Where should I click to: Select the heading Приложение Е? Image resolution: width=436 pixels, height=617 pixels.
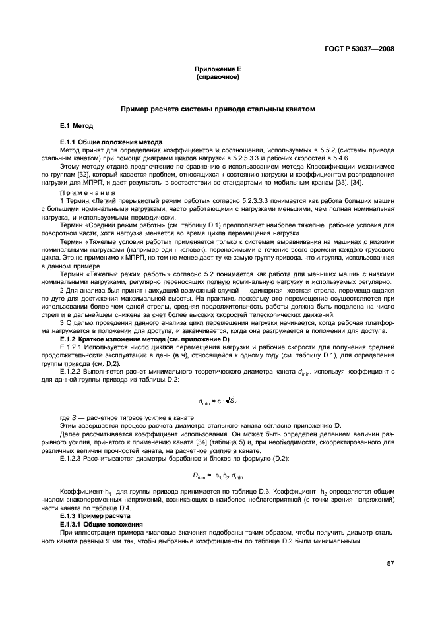(x=218, y=70)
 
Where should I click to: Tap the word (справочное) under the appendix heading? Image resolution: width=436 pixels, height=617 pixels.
(x=218, y=77)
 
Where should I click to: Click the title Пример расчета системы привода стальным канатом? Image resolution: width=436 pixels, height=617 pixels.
(x=218, y=108)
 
